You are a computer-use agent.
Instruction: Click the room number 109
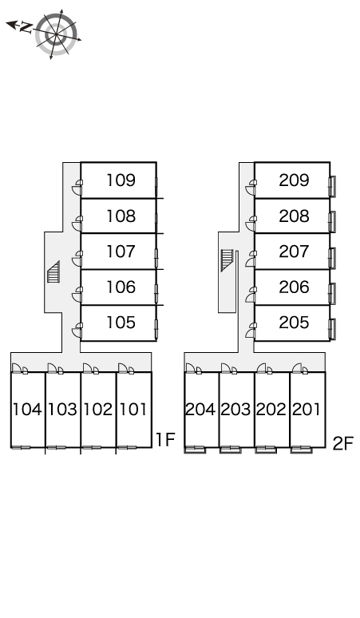click(121, 180)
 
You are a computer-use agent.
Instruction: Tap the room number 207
click(294, 252)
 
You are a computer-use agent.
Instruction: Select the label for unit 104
click(27, 410)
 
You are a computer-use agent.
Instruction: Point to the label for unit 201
click(306, 410)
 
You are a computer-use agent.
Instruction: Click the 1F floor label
click(165, 439)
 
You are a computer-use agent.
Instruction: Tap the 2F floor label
click(343, 443)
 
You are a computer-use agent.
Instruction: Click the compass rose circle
click(56, 34)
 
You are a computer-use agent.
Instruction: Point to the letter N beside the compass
click(26, 27)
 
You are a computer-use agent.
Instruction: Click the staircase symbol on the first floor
click(53, 271)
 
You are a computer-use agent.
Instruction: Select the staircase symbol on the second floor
click(227, 260)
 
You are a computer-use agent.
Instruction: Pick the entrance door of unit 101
click(123, 368)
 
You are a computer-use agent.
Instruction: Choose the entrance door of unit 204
click(191, 368)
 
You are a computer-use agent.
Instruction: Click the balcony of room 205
click(332, 329)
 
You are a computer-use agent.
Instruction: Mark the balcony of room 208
click(332, 222)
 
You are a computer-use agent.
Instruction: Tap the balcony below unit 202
click(266, 450)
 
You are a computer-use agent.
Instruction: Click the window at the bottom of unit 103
click(57, 447)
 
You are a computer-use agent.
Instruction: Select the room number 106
click(121, 287)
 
